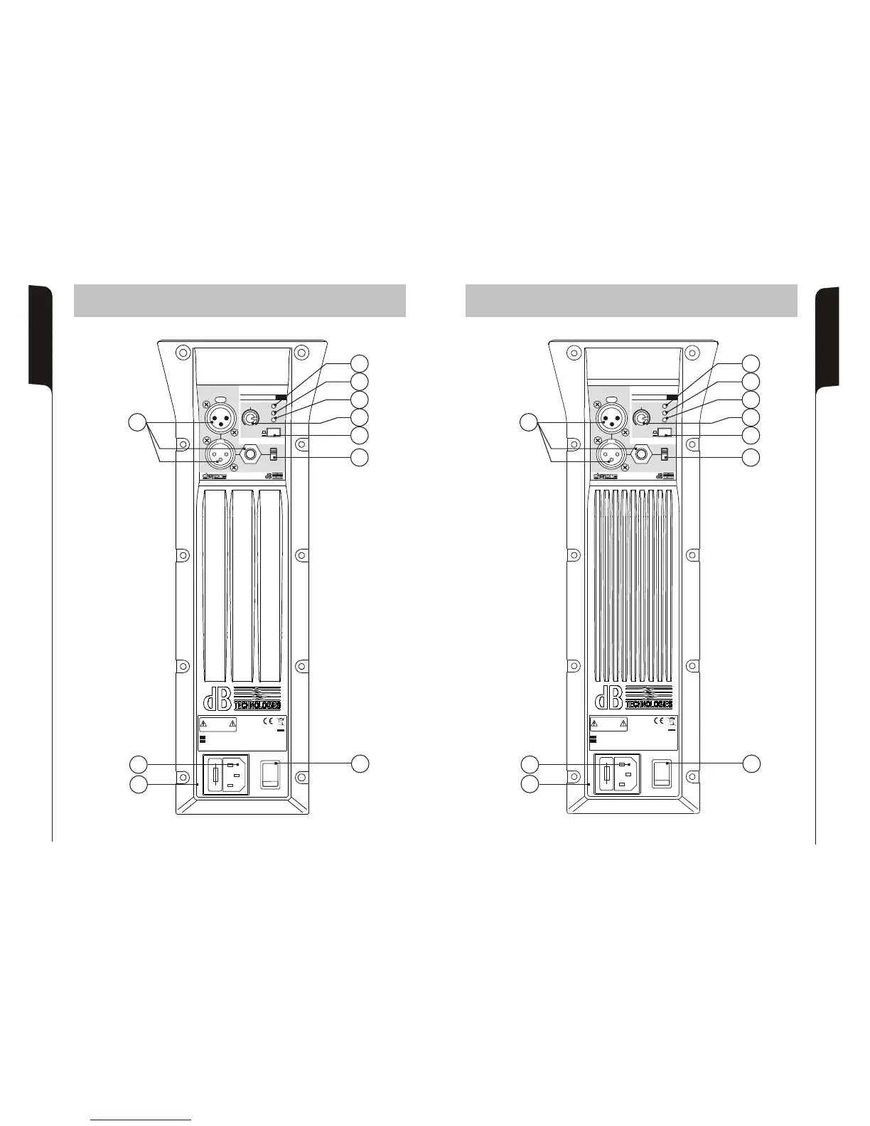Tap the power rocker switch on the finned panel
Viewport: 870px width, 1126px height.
click(x=662, y=773)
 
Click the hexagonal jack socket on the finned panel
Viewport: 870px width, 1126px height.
click(x=643, y=454)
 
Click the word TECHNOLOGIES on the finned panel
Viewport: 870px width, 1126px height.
click(x=649, y=704)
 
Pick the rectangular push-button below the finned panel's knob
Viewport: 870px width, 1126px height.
click(x=665, y=432)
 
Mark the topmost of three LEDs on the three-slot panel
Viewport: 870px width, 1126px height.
click(x=274, y=405)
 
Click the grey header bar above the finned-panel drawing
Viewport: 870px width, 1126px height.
click(x=631, y=301)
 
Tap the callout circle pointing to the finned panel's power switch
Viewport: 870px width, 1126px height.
click(x=752, y=763)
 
